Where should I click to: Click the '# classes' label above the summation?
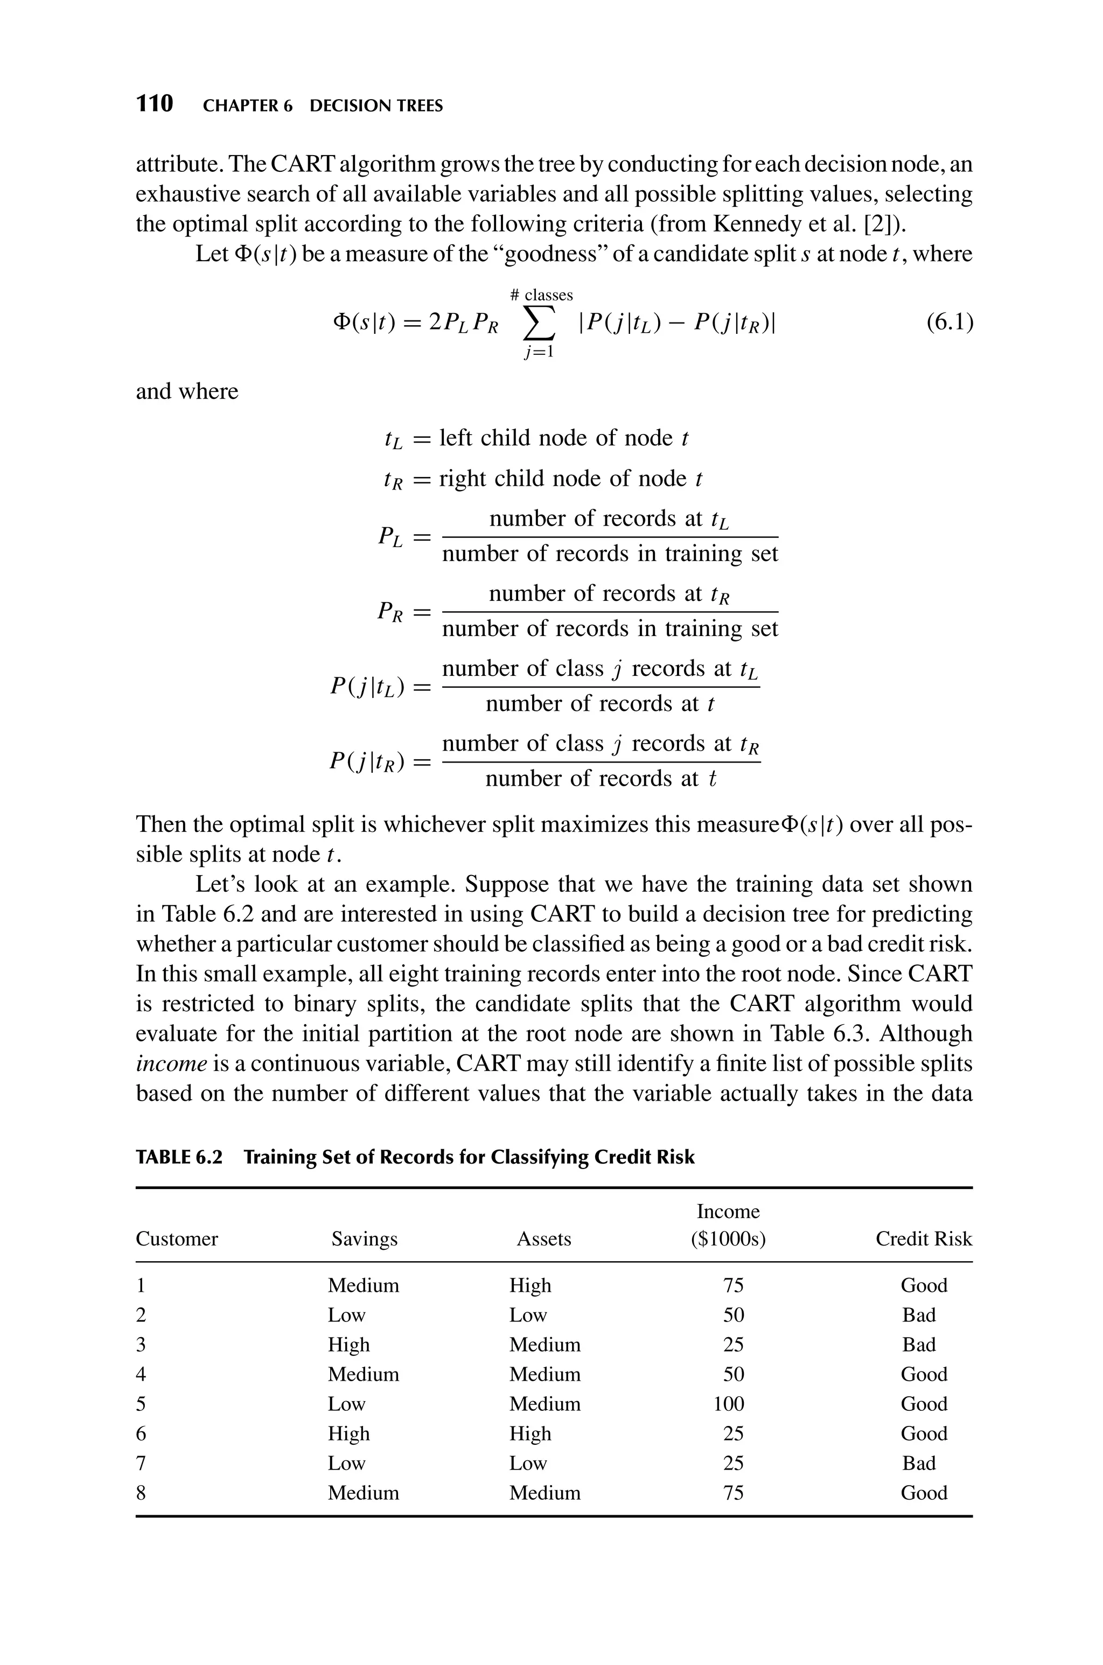[x=541, y=295]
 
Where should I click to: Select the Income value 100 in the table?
[x=728, y=1404]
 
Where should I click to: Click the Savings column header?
[x=365, y=1239]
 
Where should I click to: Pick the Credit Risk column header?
[x=923, y=1239]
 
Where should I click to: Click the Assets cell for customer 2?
[x=528, y=1315]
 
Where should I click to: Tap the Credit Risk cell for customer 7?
[x=919, y=1463]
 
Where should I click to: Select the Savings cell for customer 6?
[x=348, y=1433]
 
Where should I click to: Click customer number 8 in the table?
[x=141, y=1493]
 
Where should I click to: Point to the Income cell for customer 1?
[x=732, y=1285]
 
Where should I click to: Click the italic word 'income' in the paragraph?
[x=171, y=1064]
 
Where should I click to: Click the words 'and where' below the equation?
[x=187, y=391]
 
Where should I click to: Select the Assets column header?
[x=544, y=1239]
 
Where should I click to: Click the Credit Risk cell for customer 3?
[x=919, y=1345]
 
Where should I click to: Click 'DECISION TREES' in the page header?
[x=376, y=106]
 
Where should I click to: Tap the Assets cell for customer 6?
[x=530, y=1433]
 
